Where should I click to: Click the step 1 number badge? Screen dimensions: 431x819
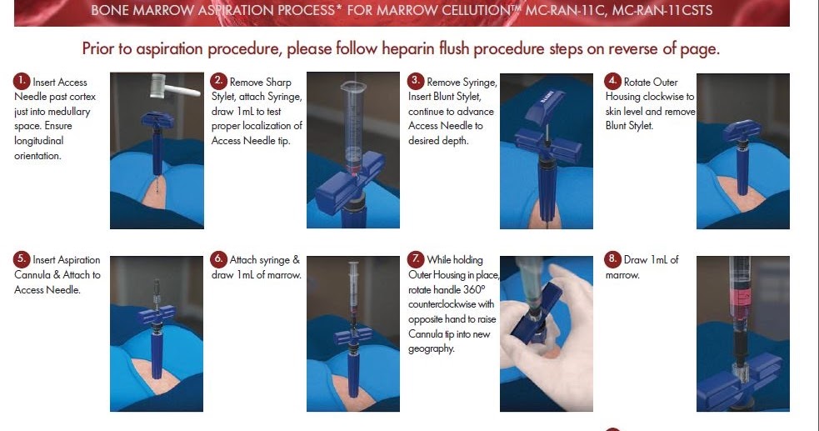22,82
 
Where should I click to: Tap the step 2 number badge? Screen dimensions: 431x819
218,82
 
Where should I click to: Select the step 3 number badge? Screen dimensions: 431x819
416,82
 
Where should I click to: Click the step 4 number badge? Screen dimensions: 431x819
613,82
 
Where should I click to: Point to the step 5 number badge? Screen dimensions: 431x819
22,259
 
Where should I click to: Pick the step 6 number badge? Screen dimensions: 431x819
218,259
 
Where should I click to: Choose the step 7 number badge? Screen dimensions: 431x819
416,259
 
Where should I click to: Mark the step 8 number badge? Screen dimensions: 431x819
613,259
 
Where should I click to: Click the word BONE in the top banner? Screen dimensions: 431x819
111,12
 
